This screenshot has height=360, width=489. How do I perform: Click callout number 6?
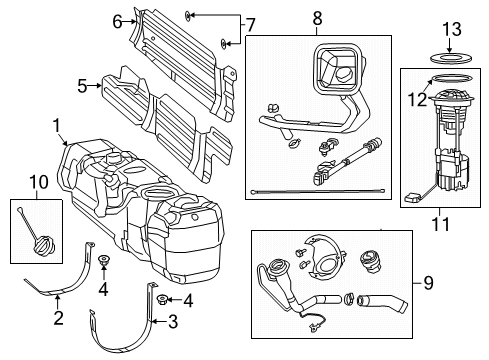118,21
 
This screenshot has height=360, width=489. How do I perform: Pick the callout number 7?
250,25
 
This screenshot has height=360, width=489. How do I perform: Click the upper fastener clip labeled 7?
190,16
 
